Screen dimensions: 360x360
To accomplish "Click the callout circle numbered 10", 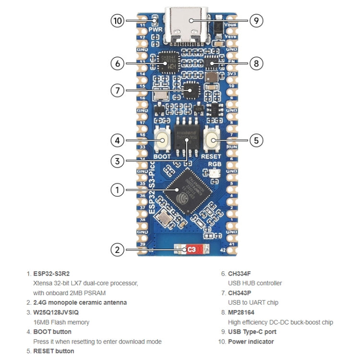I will [x=118, y=21].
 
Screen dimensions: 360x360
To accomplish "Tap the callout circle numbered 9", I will [x=256, y=21].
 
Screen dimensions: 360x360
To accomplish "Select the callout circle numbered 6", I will [x=118, y=63].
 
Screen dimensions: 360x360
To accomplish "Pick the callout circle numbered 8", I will [x=256, y=63].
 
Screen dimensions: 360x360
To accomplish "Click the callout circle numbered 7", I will [x=118, y=90].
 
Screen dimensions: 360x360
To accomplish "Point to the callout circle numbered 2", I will [x=118, y=250].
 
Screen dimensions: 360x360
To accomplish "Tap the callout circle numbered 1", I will [x=118, y=190].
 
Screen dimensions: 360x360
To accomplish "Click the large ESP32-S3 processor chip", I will [x=187, y=190].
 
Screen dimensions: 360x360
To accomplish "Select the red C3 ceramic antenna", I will [x=192, y=250].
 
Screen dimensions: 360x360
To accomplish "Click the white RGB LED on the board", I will [x=215, y=174].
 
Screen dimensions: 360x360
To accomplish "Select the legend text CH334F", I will [x=240, y=274].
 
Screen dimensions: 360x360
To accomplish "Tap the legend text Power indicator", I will [x=251, y=342].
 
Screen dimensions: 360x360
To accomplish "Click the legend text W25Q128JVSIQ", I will [x=60, y=312].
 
